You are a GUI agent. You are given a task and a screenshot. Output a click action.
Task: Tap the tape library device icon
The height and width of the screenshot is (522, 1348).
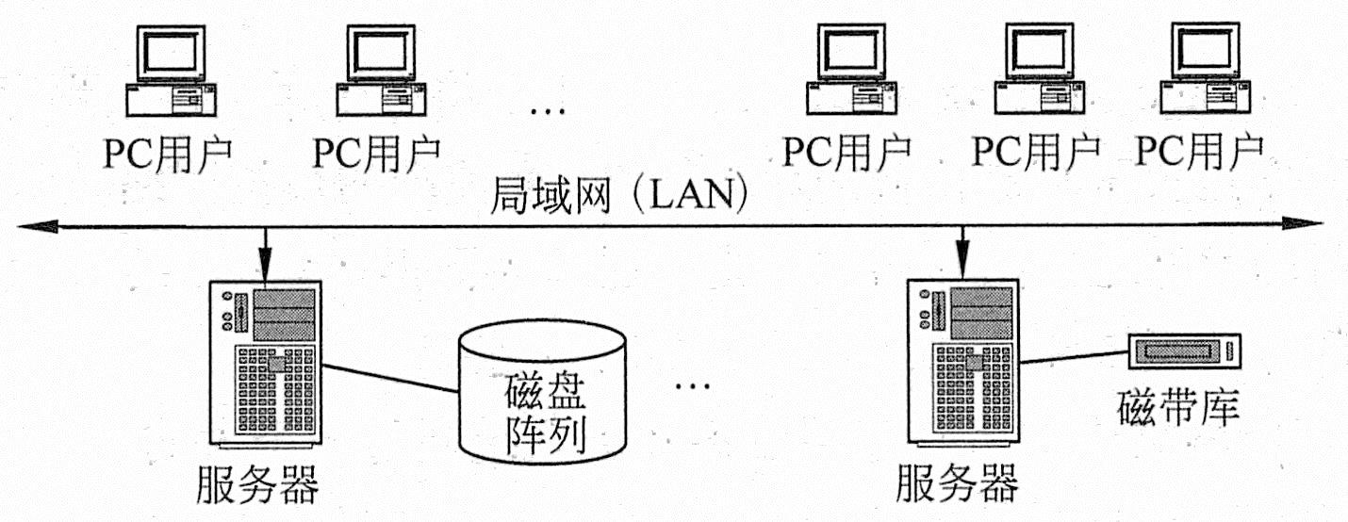click(1186, 351)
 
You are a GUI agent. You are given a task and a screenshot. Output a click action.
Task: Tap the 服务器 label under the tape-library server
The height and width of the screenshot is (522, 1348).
click(957, 485)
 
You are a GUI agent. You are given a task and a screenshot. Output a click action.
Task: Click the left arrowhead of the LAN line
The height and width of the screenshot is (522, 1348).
click(33, 225)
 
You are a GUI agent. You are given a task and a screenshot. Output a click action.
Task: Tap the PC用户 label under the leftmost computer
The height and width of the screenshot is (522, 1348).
click(168, 150)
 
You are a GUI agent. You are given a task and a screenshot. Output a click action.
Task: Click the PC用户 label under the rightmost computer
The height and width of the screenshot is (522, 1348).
click(1199, 150)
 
